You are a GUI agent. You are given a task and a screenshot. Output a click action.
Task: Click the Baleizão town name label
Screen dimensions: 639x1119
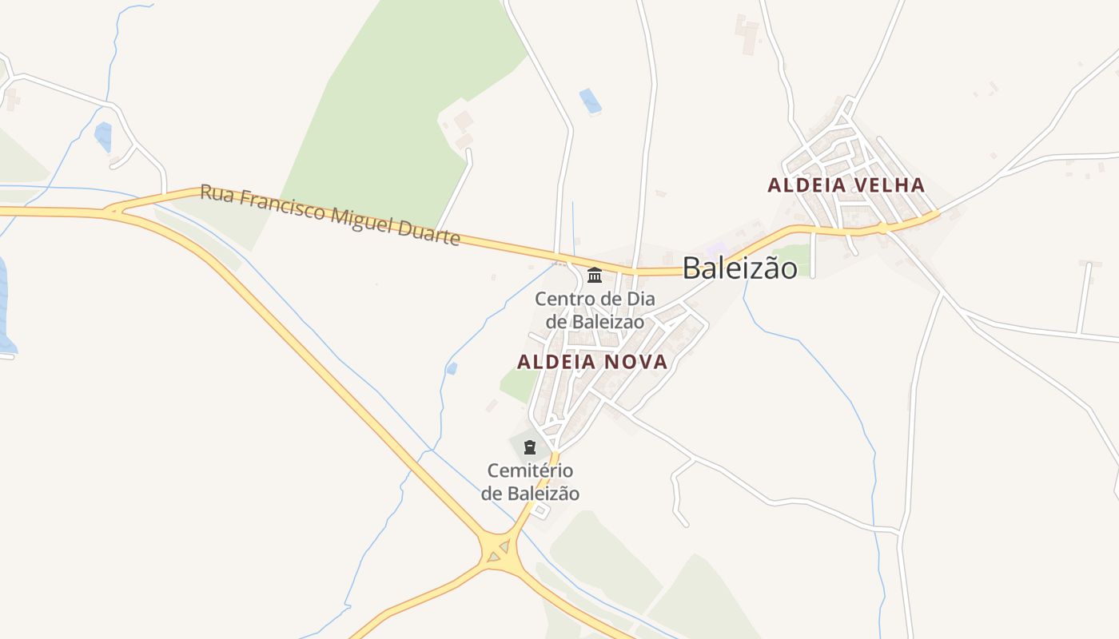click(739, 268)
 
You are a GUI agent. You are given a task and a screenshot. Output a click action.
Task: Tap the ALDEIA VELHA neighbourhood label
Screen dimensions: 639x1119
click(846, 185)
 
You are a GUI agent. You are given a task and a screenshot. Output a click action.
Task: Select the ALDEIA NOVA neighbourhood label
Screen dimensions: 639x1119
click(591, 362)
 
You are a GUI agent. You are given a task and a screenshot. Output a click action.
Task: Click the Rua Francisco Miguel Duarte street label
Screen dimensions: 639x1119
click(330, 215)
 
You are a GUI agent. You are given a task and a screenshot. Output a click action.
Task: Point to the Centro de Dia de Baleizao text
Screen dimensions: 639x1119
click(595, 310)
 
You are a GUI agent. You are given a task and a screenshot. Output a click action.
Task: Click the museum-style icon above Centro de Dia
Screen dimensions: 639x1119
click(595, 276)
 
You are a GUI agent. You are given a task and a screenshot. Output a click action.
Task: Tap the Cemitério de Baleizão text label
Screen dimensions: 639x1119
click(530, 482)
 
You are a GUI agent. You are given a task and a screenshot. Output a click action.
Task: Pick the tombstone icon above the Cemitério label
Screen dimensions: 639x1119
click(529, 447)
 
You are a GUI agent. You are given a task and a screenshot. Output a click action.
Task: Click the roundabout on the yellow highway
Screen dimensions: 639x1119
click(499, 550)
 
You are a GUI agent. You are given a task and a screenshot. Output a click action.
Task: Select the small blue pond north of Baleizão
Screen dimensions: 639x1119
click(591, 101)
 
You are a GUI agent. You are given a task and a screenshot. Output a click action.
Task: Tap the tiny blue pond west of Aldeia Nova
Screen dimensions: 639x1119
click(452, 368)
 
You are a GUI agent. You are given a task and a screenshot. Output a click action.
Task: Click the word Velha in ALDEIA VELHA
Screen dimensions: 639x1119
click(887, 185)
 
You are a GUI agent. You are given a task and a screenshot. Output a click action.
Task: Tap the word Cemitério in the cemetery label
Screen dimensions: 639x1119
click(530, 471)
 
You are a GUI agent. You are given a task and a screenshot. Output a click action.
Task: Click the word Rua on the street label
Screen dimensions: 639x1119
click(217, 194)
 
